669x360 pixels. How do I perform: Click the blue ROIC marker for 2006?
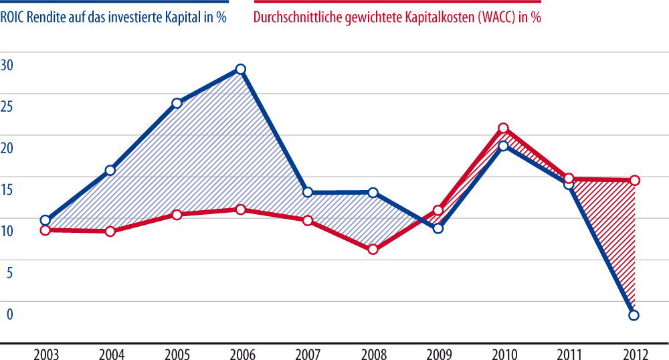pyautogui.click(x=241, y=69)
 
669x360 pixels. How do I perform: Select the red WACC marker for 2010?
pyautogui.click(x=503, y=128)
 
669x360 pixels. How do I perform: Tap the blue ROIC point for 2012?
pyautogui.click(x=634, y=315)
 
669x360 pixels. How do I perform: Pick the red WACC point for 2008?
pyautogui.click(x=373, y=250)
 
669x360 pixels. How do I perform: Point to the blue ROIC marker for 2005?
pyautogui.click(x=177, y=103)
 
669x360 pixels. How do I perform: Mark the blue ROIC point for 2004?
pyautogui.click(x=110, y=171)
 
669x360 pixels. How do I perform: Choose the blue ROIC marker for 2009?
pyautogui.click(x=438, y=228)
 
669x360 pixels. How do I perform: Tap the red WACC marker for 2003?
pyautogui.click(x=45, y=230)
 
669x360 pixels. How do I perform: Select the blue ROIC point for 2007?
pyautogui.click(x=308, y=192)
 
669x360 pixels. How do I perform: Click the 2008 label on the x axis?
pyautogui.click(x=373, y=352)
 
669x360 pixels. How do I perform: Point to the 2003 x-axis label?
pyautogui.click(x=45, y=352)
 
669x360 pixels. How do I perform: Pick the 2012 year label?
pyautogui.click(x=634, y=352)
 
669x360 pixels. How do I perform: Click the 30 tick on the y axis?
pyautogui.click(x=7, y=66)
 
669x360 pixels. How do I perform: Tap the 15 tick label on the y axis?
pyautogui.click(x=7, y=190)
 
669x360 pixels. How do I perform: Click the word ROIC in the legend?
pyautogui.click(x=14, y=18)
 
